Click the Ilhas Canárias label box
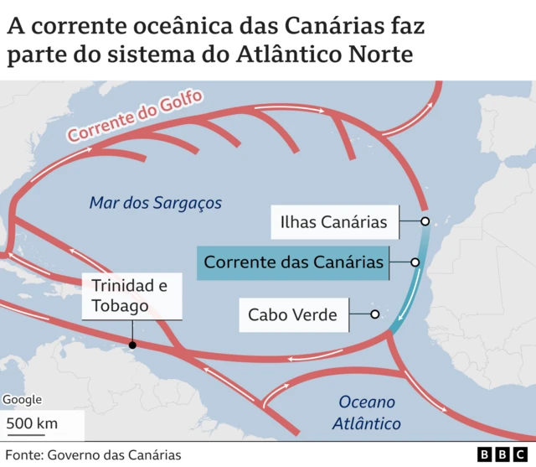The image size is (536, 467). [333, 222]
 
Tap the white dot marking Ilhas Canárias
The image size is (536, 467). [425, 221]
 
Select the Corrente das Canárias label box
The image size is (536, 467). [294, 262]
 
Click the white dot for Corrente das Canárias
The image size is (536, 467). [415, 262]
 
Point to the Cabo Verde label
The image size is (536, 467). [292, 315]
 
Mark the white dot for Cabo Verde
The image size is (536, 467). [375, 314]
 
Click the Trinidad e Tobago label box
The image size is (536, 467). [132, 296]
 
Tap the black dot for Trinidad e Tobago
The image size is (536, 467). [132, 344]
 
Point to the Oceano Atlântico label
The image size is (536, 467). [367, 413]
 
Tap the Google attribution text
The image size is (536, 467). [22, 400]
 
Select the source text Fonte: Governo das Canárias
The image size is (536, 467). [93, 454]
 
